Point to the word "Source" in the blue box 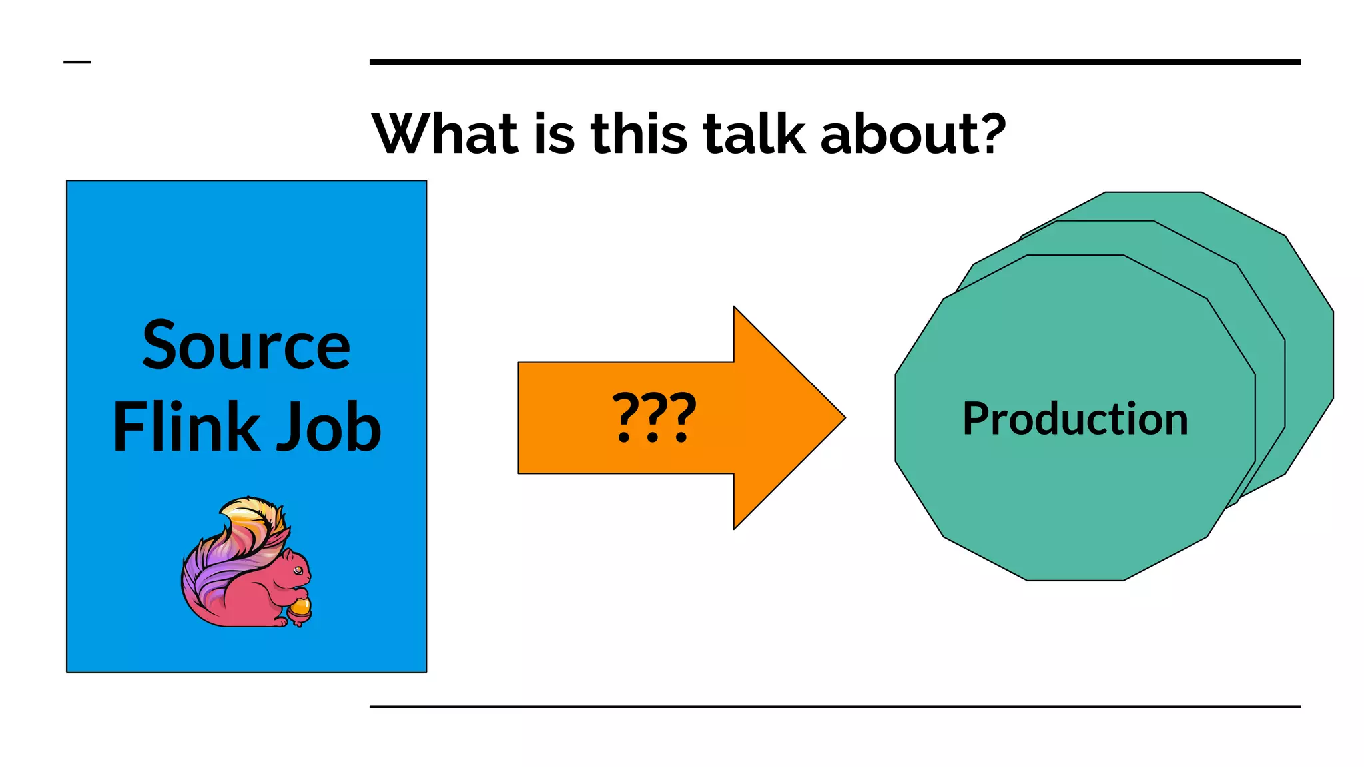point(246,346)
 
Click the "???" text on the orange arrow point(654,417)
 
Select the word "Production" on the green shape point(1075,419)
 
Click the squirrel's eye point(298,570)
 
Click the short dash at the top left point(77,62)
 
